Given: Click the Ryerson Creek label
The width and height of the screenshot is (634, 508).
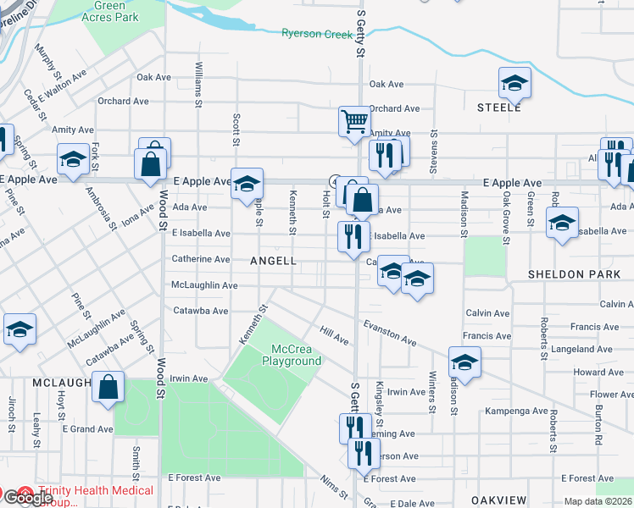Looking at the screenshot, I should tap(316, 34).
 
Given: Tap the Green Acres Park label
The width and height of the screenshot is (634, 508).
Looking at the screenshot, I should tap(111, 11).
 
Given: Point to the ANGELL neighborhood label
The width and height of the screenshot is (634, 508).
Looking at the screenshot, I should tap(273, 262).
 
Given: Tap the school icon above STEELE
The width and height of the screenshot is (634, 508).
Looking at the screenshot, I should tap(514, 83).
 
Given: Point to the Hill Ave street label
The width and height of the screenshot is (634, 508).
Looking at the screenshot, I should tap(334, 336).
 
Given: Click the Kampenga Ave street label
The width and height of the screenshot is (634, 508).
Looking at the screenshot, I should tap(516, 411).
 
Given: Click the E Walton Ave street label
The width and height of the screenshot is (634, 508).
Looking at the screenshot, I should tap(67, 82).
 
